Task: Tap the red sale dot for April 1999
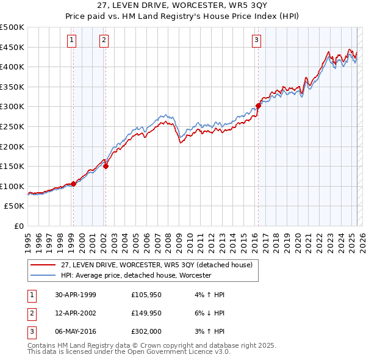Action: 73,184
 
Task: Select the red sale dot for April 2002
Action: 106,166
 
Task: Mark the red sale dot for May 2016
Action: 258,106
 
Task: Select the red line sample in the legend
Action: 43,264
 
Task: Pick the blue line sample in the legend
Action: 43,275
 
